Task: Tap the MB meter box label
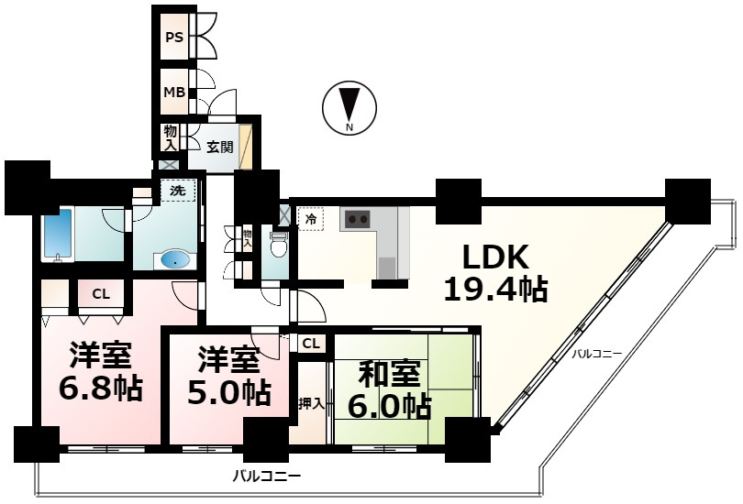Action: click(173, 92)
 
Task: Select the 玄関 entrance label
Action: click(219, 146)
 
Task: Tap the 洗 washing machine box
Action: click(178, 192)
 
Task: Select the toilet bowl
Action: click(280, 246)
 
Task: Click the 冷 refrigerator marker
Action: click(310, 220)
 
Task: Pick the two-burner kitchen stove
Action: click(356, 220)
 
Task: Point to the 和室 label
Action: click(389, 373)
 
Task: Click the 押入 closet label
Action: click(310, 403)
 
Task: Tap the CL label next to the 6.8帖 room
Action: click(101, 294)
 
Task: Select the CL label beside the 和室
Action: click(312, 344)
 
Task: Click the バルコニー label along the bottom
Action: click(266, 477)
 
